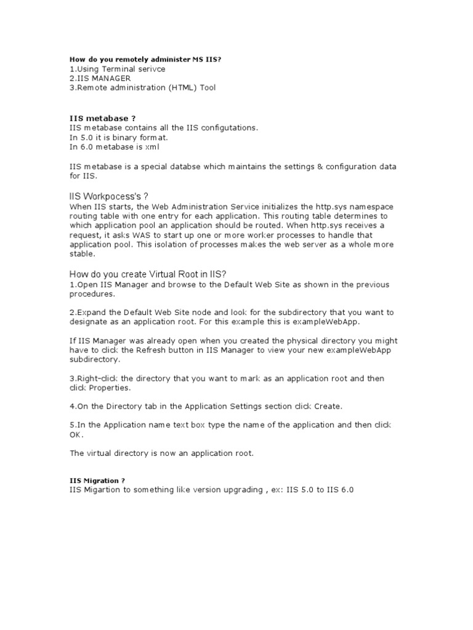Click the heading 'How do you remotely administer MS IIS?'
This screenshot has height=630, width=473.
pyautogui.click(x=145, y=59)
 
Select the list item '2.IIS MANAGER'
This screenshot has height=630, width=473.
pyautogui.click(x=100, y=78)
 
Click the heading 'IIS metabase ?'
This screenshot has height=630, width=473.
pyautogui.click(x=102, y=118)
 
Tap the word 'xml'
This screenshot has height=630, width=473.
pyautogui.click(x=156, y=147)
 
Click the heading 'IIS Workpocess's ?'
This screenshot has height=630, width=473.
pyautogui.click(x=109, y=196)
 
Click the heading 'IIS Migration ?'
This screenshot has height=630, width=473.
pyautogui.click(x=97, y=480)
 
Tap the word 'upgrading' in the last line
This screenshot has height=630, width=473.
pyautogui.click(x=232, y=490)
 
